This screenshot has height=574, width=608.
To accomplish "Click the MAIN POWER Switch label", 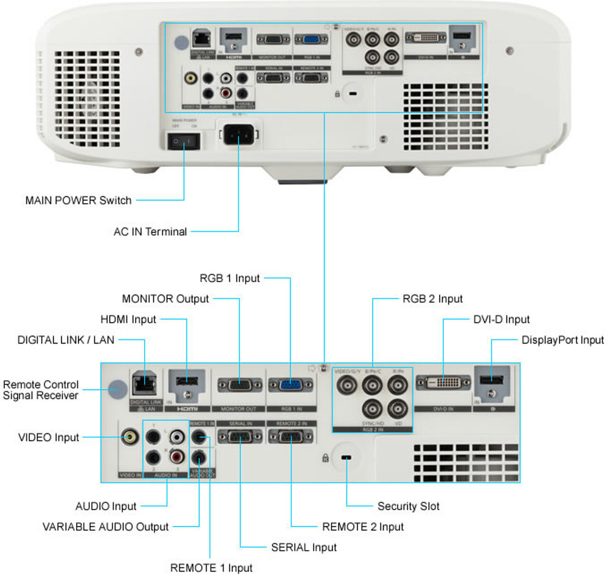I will [78, 200].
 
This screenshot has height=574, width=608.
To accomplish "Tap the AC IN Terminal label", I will [150, 232].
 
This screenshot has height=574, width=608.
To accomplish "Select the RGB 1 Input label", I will [230, 278].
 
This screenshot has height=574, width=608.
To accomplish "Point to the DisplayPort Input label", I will [562, 340].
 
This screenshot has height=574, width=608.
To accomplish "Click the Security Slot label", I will [408, 506].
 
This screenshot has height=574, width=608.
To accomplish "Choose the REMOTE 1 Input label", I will [211, 568].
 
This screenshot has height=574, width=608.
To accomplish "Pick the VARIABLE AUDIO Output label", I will [105, 527].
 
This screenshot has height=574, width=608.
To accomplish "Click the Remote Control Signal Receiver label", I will [41, 390].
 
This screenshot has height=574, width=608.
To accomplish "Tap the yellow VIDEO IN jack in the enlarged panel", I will [129, 437].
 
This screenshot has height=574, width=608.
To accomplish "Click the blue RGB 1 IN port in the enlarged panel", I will [291, 385].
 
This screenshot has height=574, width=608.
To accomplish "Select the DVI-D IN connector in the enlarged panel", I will [443, 383].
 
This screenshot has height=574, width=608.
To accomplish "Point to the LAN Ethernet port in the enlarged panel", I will [144, 384].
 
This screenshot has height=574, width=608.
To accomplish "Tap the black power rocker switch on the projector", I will [183, 140].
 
